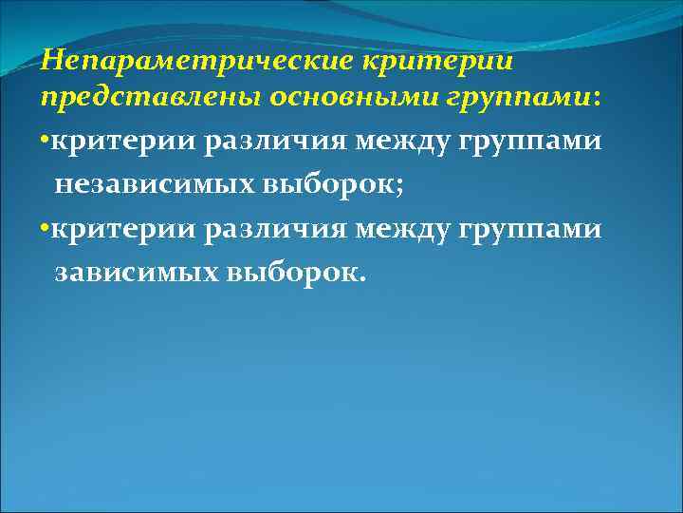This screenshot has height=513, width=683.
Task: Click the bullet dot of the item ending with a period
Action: point(45,230)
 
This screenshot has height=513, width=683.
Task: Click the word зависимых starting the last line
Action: point(137,273)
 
